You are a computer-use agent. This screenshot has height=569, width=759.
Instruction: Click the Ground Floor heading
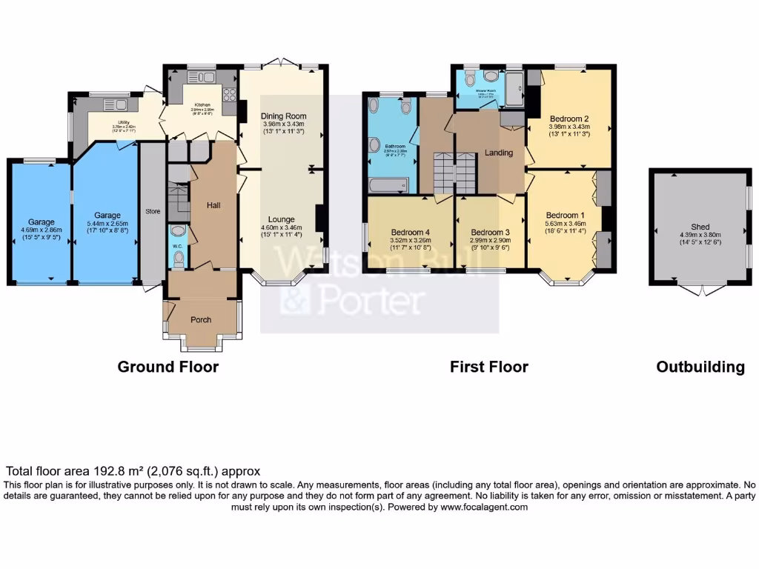(x=168, y=367)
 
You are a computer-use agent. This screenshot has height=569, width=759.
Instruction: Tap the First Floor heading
(x=489, y=367)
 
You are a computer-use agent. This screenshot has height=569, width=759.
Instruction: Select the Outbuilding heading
(x=700, y=367)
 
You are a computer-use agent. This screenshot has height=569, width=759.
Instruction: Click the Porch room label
(x=201, y=320)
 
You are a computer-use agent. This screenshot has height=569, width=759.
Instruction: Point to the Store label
(x=153, y=212)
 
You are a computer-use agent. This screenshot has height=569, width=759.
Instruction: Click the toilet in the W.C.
(x=178, y=257)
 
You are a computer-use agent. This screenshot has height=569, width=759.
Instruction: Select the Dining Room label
(x=283, y=116)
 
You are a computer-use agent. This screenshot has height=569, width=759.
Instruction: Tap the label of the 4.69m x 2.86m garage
(x=42, y=222)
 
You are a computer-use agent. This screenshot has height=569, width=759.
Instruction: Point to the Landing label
(x=500, y=153)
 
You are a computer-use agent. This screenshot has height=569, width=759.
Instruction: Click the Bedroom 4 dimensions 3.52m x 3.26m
(x=410, y=240)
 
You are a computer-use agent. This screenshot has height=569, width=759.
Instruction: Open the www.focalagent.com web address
(x=484, y=508)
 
